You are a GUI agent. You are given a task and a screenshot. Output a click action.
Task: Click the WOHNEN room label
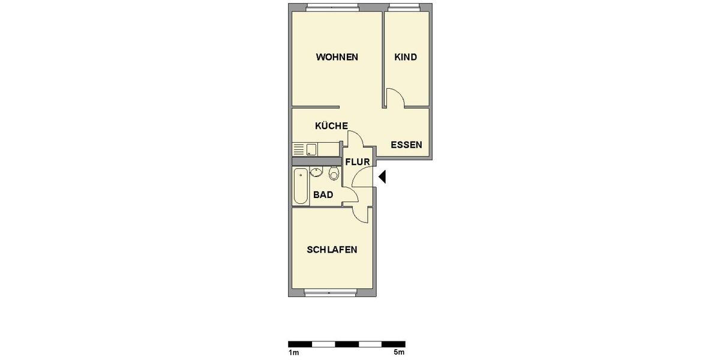coord(337,58)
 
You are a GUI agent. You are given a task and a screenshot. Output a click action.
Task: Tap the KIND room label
coord(406,58)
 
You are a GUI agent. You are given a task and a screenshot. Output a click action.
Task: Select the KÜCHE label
coord(331,126)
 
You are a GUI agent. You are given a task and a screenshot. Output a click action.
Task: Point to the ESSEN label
coord(406,145)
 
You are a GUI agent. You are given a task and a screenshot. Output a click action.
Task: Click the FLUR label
coord(357,161)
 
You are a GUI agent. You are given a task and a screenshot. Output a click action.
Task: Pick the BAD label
coord(323,195)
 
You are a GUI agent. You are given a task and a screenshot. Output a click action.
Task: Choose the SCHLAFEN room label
coord(332,250)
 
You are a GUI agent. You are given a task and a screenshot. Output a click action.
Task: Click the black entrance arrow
coord(382,177)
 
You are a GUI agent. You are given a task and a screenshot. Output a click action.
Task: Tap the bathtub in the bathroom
coord(300,186)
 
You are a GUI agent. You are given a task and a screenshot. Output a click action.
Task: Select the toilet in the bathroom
coord(334,174)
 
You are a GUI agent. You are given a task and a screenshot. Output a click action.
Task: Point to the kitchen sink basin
coord(312,149)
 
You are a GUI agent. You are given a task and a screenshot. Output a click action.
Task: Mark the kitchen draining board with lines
coord(299,149)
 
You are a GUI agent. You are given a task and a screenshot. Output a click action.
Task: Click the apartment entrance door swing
coord(364,178)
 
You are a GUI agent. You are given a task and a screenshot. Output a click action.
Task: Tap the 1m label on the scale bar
coord(293,352)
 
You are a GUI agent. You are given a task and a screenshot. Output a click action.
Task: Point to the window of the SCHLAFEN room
coord(331,292)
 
